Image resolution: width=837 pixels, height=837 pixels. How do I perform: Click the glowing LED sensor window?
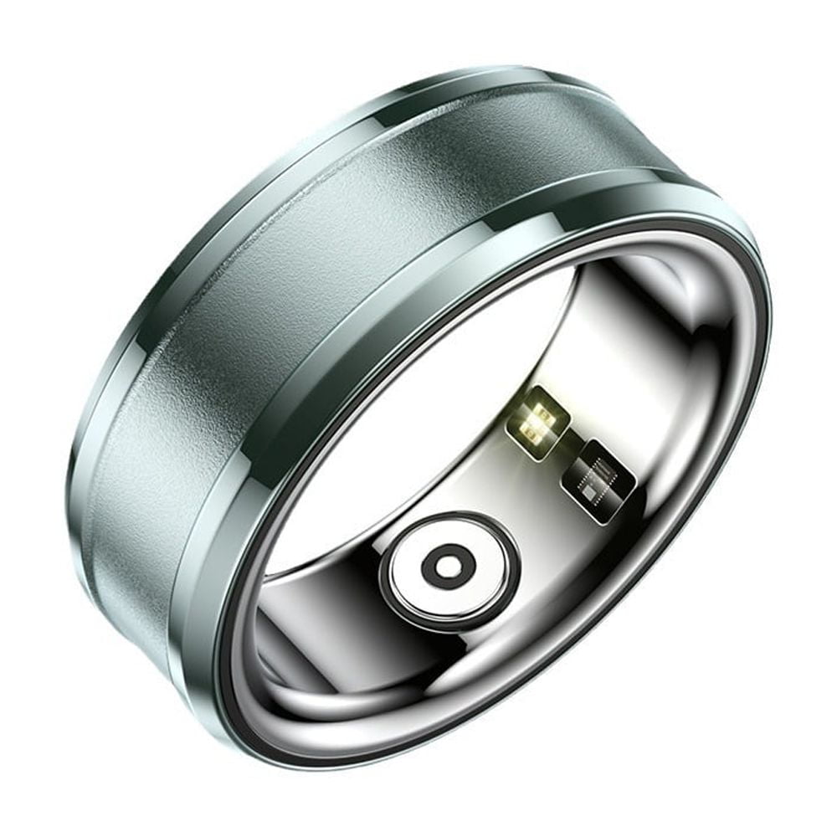click(x=538, y=418)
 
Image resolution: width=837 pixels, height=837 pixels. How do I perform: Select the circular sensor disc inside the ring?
click(x=446, y=567)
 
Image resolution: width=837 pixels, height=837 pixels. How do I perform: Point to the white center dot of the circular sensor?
click(x=446, y=567)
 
